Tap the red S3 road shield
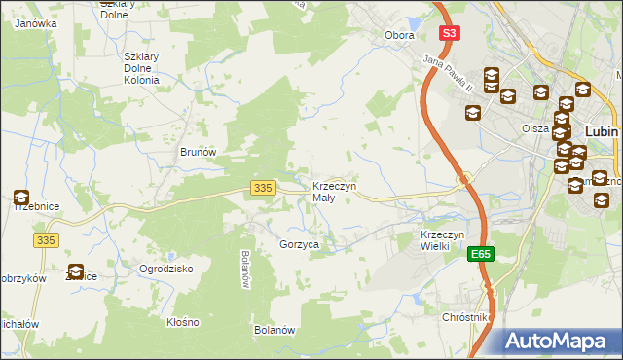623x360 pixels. click(x=448, y=33)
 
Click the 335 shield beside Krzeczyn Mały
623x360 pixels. click(x=260, y=187)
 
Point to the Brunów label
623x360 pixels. click(x=197, y=152)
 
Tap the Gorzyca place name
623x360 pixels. click(x=300, y=245)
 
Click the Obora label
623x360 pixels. click(x=399, y=35)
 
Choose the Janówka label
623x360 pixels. click(x=34, y=23)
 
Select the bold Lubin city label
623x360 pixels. click(x=603, y=130)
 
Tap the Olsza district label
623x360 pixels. click(x=535, y=128)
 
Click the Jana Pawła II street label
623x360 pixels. click(x=448, y=75)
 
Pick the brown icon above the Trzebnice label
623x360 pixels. click(x=21, y=198)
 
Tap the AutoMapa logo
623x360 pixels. click(x=561, y=342)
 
